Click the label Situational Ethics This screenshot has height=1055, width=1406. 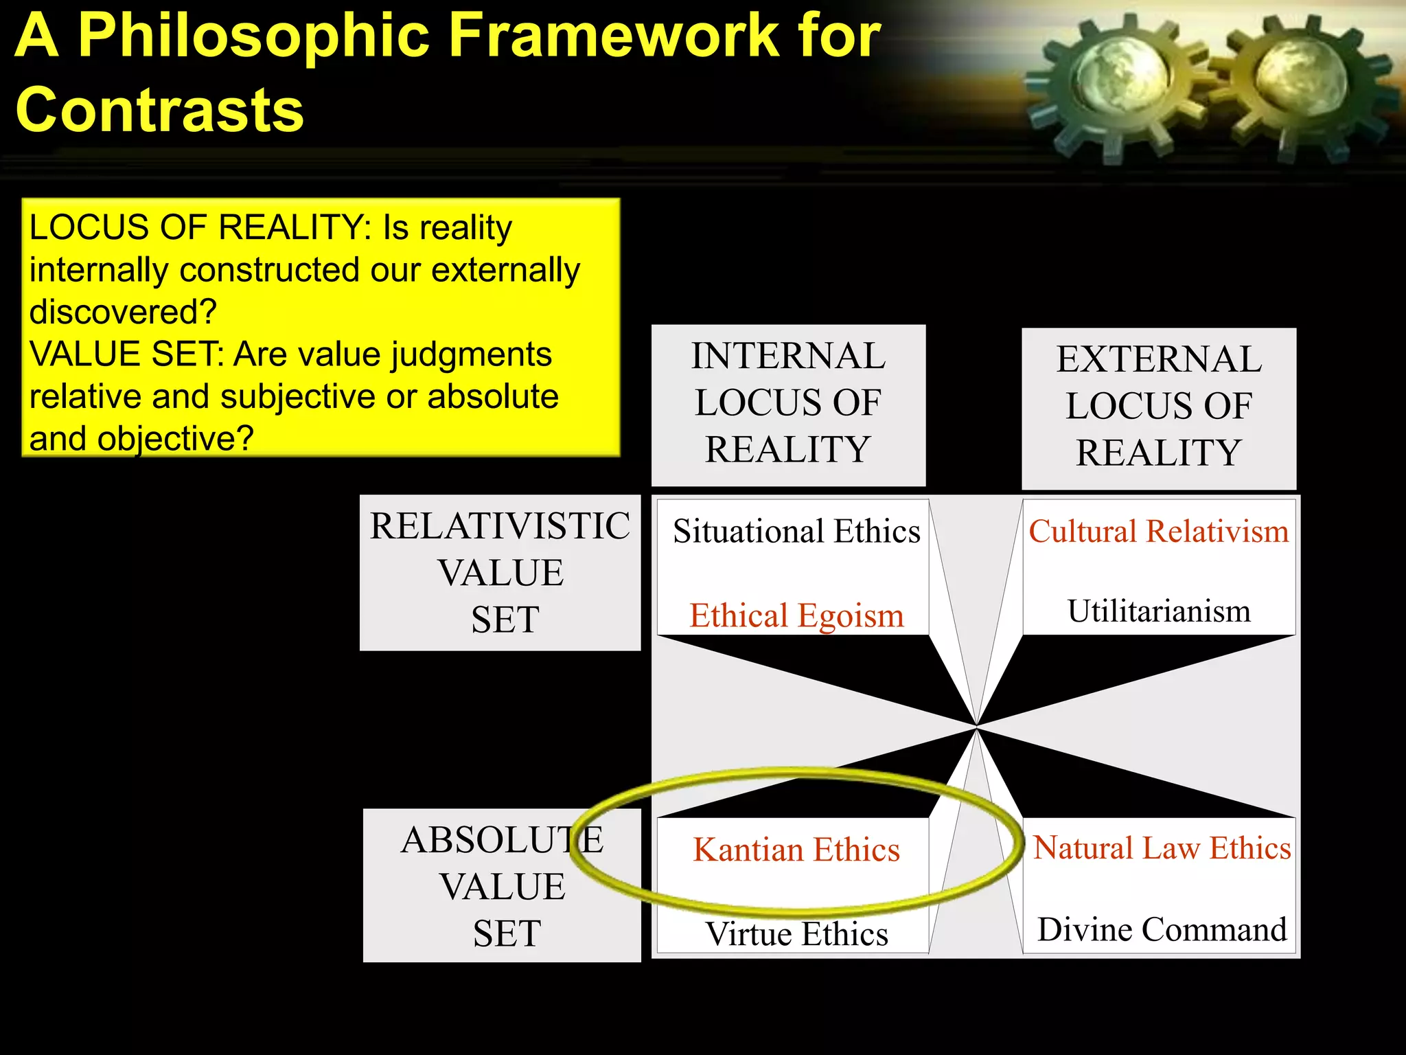coord(796,532)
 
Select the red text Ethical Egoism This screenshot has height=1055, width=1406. coord(796,615)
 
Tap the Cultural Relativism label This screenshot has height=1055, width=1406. coord(1159,532)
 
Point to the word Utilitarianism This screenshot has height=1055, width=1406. coord(1159,611)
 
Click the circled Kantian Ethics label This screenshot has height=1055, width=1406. coord(796,850)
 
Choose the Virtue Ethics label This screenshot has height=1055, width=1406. coord(796,934)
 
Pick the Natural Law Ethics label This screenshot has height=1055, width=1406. coord(1162,848)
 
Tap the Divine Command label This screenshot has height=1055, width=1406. coord(1162,930)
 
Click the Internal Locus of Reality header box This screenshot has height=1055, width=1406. coord(788,404)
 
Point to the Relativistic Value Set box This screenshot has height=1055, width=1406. coord(500,572)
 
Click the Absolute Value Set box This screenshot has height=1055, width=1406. coord(502,886)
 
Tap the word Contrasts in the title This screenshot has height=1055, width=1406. coord(159,110)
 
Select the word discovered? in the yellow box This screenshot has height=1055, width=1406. coord(123,312)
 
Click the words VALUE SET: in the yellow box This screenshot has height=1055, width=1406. coord(127,354)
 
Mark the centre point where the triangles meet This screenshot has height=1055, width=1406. coord(976,726)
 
